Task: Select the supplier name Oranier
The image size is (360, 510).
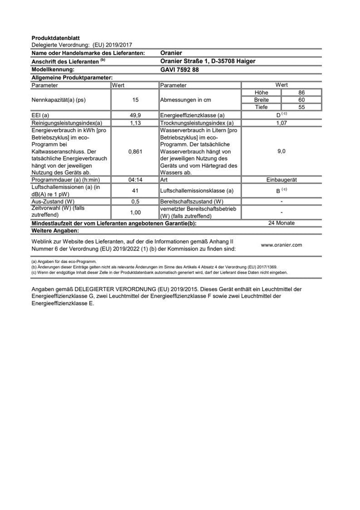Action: click(x=171, y=53)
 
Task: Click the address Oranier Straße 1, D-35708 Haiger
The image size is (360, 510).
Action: click(x=207, y=61)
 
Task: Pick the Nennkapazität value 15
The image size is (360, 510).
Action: click(x=135, y=100)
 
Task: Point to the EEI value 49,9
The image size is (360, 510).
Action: click(x=135, y=115)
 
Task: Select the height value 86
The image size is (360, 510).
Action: click(x=301, y=93)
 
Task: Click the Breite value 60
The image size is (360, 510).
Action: click(x=301, y=100)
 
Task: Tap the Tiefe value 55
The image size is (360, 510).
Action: click(x=301, y=107)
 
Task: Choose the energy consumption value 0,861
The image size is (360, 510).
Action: click(x=135, y=151)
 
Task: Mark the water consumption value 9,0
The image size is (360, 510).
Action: click(x=281, y=151)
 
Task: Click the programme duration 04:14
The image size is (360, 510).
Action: click(x=135, y=179)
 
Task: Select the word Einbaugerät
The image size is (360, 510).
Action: click(x=281, y=179)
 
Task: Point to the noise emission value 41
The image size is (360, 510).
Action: click(x=135, y=190)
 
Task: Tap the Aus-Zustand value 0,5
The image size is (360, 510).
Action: click(x=135, y=201)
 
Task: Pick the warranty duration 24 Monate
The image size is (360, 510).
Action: click(x=281, y=223)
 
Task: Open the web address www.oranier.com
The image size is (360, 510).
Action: click(x=281, y=245)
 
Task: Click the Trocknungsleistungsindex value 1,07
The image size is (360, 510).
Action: click(x=281, y=123)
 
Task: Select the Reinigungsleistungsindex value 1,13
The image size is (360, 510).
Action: click(x=135, y=123)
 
